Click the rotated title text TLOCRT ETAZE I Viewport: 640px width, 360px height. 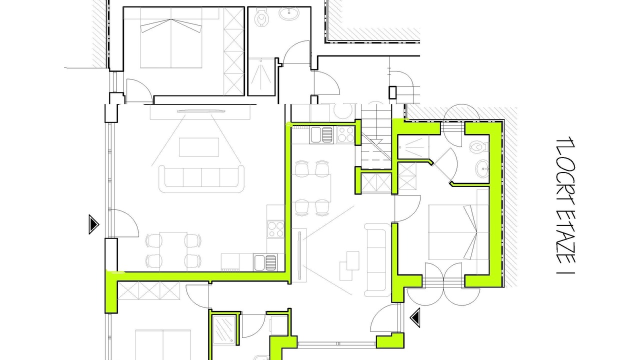[x=565, y=205]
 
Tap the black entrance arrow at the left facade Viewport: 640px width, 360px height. [x=93, y=224]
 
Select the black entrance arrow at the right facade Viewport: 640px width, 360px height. [x=415, y=317]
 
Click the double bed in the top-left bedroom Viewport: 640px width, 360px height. [x=171, y=37]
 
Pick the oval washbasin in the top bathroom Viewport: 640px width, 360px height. [x=289, y=13]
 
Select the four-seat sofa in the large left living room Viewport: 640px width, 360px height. [x=201, y=178]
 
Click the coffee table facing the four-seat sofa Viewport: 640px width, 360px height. [x=199, y=147]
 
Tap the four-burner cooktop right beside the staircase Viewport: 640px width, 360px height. [x=345, y=134]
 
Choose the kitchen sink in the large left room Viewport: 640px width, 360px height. [x=265, y=262]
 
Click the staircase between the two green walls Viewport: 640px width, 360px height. [x=376, y=136]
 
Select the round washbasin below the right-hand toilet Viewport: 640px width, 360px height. [x=482, y=168]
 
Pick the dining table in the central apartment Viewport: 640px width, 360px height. [x=311, y=188]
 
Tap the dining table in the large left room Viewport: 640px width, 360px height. [x=173, y=251]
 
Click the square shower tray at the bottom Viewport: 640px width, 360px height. [x=224, y=330]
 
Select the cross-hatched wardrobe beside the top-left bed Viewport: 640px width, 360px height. [x=233, y=51]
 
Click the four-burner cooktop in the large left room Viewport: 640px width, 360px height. [x=275, y=229]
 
